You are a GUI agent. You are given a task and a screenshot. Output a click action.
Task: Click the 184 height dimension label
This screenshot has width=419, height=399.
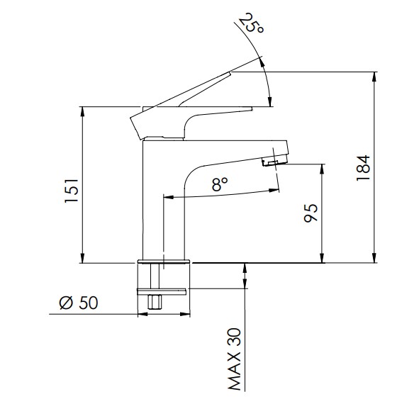[x=363, y=168]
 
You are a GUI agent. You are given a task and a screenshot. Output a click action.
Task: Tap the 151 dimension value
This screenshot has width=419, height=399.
[x=72, y=191]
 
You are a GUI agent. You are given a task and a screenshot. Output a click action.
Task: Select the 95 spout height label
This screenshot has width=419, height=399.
[x=311, y=213]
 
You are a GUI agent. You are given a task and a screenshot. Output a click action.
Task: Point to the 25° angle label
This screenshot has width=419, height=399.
[x=251, y=23]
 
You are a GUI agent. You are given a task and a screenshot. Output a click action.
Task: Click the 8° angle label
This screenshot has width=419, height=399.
[x=220, y=184]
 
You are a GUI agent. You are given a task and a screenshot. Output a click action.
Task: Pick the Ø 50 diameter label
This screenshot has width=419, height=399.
[x=79, y=303]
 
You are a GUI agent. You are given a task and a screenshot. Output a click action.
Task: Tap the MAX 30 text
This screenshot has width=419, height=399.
[x=235, y=359]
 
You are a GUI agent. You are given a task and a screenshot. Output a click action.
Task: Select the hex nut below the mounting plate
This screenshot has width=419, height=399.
[x=155, y=302]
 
